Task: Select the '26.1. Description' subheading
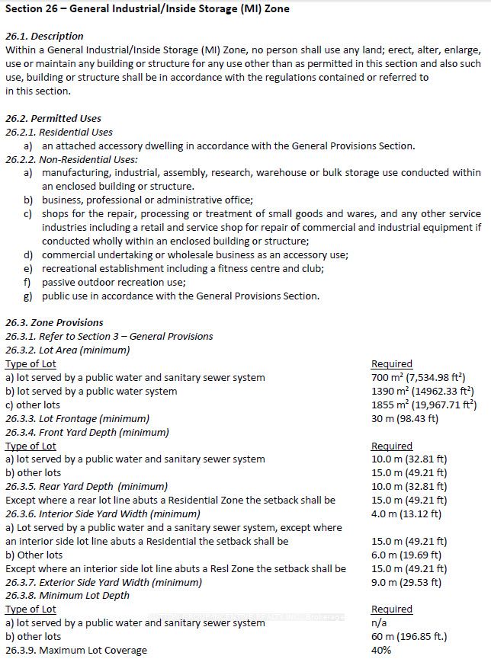coord(44,36)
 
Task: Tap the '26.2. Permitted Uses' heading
coord(53,118)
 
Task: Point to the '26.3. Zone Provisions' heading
coord(54,322)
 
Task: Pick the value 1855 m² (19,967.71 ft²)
coord(424,405)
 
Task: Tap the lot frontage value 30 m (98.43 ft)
coord(405,418)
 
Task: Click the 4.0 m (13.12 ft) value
coord(406,513)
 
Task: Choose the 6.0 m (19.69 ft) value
coord(406,555)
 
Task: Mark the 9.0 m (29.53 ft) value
coord(406,582)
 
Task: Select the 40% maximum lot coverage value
coord(380,650)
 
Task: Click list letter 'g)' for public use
coord(27,296)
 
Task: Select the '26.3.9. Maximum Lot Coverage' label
coord(76,650)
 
